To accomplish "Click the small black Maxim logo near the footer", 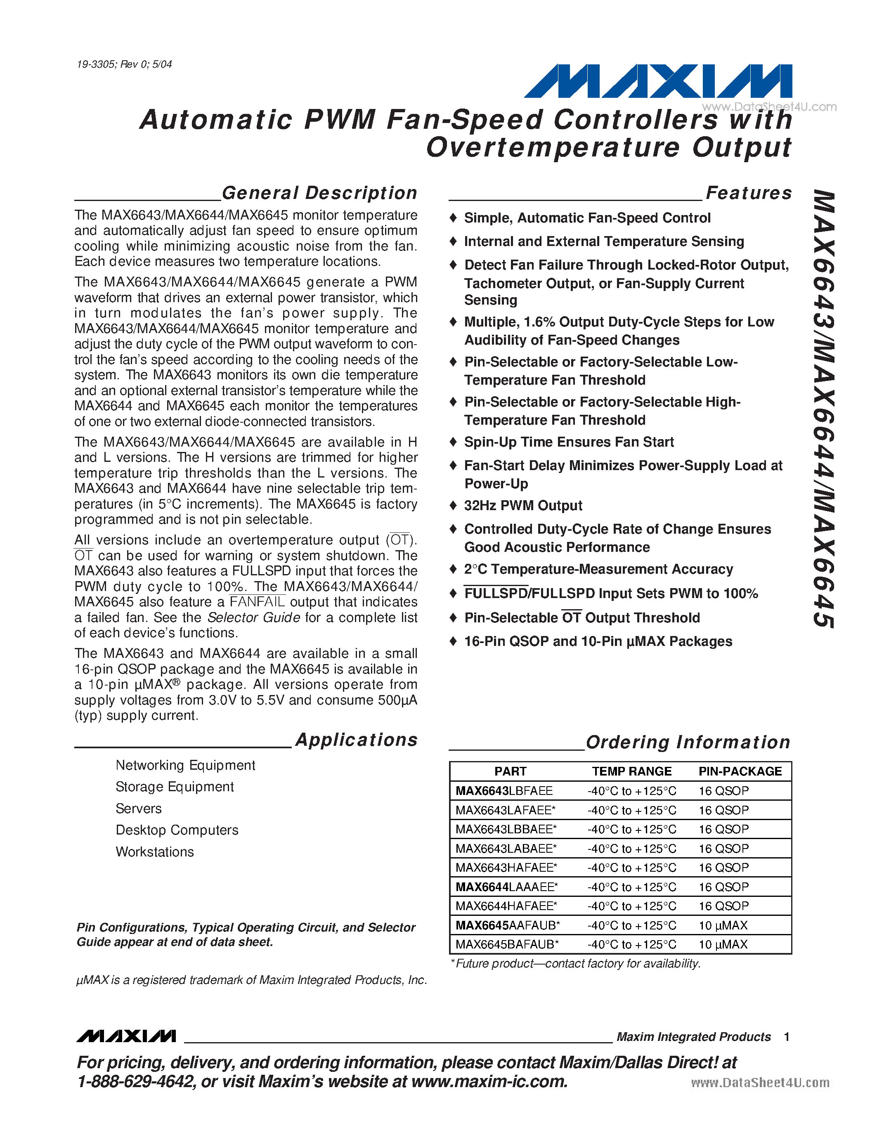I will (x=126, y=1036).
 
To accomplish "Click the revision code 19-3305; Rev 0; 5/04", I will (x=124, y=64).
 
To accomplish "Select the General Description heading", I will (x=319, y=193).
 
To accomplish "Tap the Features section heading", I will (x=749, y=193).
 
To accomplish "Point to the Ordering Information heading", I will (x=688, y=742).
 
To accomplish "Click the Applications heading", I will (x=357, y=740).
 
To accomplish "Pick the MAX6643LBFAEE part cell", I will (x=504, y=791).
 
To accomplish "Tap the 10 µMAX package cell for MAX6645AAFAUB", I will (x=723, y=925).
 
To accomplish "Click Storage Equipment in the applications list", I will (x=175, y=787).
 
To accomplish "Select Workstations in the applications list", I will (x=155, y=852).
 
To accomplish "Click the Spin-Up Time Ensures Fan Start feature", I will (x=568, y=442).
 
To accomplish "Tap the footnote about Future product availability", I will (x=576, y=963).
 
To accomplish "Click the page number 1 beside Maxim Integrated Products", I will (x=787, y=1037).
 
